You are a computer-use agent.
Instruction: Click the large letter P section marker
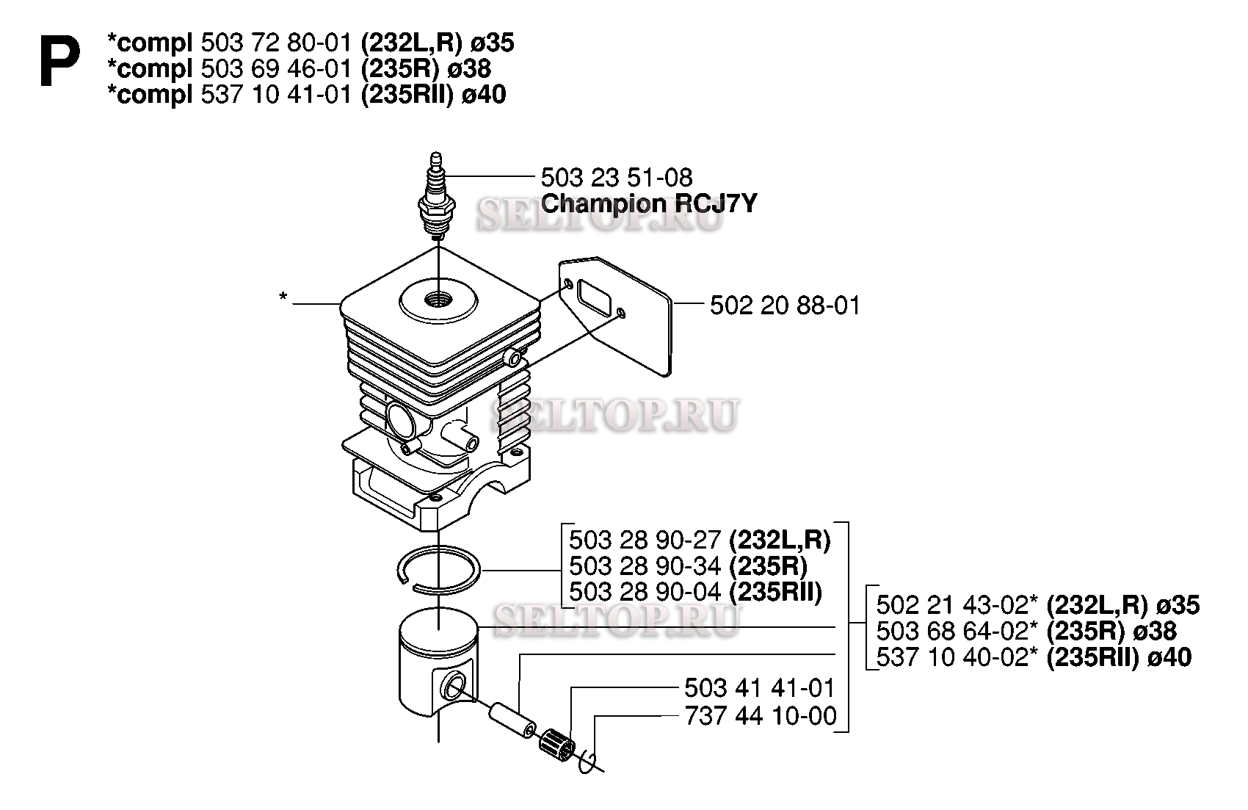59,61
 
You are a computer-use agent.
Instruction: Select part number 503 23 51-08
617,178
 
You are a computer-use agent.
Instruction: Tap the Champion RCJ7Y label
649,204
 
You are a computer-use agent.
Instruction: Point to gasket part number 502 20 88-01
785,305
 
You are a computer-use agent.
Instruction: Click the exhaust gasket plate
615,316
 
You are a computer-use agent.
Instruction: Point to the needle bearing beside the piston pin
558,745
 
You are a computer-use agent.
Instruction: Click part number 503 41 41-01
760,688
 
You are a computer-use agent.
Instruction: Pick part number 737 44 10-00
761,716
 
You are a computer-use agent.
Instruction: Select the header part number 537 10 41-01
277,94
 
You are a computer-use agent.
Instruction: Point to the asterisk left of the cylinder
283,297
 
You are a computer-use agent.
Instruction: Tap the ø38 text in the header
469,68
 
